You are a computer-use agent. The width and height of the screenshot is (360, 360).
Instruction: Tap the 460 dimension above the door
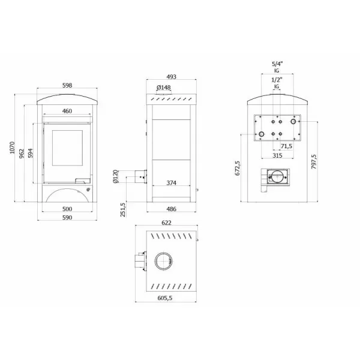pos(67,111)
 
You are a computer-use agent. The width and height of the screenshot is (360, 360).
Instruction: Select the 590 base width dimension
pos(67,218)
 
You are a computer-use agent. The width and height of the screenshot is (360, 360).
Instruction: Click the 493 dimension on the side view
pos(172,77)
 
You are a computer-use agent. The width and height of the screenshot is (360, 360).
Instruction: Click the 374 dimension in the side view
pos(172,182)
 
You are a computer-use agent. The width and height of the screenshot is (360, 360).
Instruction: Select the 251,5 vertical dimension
pos(124,210)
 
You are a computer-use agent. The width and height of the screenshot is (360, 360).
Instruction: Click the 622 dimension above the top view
pos(166,223)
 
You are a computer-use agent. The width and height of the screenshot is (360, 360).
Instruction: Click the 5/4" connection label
pos(277,62)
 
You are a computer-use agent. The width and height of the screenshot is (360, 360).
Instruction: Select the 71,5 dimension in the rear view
pos(286,146)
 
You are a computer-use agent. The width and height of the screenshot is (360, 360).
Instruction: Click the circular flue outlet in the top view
pos(163,261)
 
